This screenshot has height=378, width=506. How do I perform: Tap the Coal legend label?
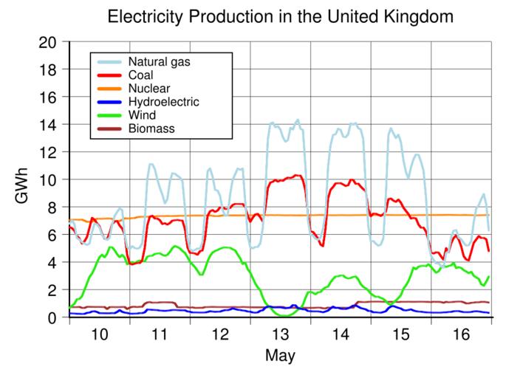pos(141,75)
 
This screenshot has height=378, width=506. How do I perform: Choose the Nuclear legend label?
pos(148,89)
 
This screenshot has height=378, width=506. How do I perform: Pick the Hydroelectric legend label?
pos(163,102)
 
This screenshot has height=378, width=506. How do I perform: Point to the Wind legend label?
pos(141,116)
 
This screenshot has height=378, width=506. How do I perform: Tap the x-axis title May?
pos(280,356)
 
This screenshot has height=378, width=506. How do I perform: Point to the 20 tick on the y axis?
pos(49,42)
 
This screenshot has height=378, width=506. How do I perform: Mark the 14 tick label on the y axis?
pos(49,125)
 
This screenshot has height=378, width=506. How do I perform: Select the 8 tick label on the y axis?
pos(53,207)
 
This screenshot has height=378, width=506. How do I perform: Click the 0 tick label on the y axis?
pos(53,317)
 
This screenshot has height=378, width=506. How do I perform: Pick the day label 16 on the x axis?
pos(461,334)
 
